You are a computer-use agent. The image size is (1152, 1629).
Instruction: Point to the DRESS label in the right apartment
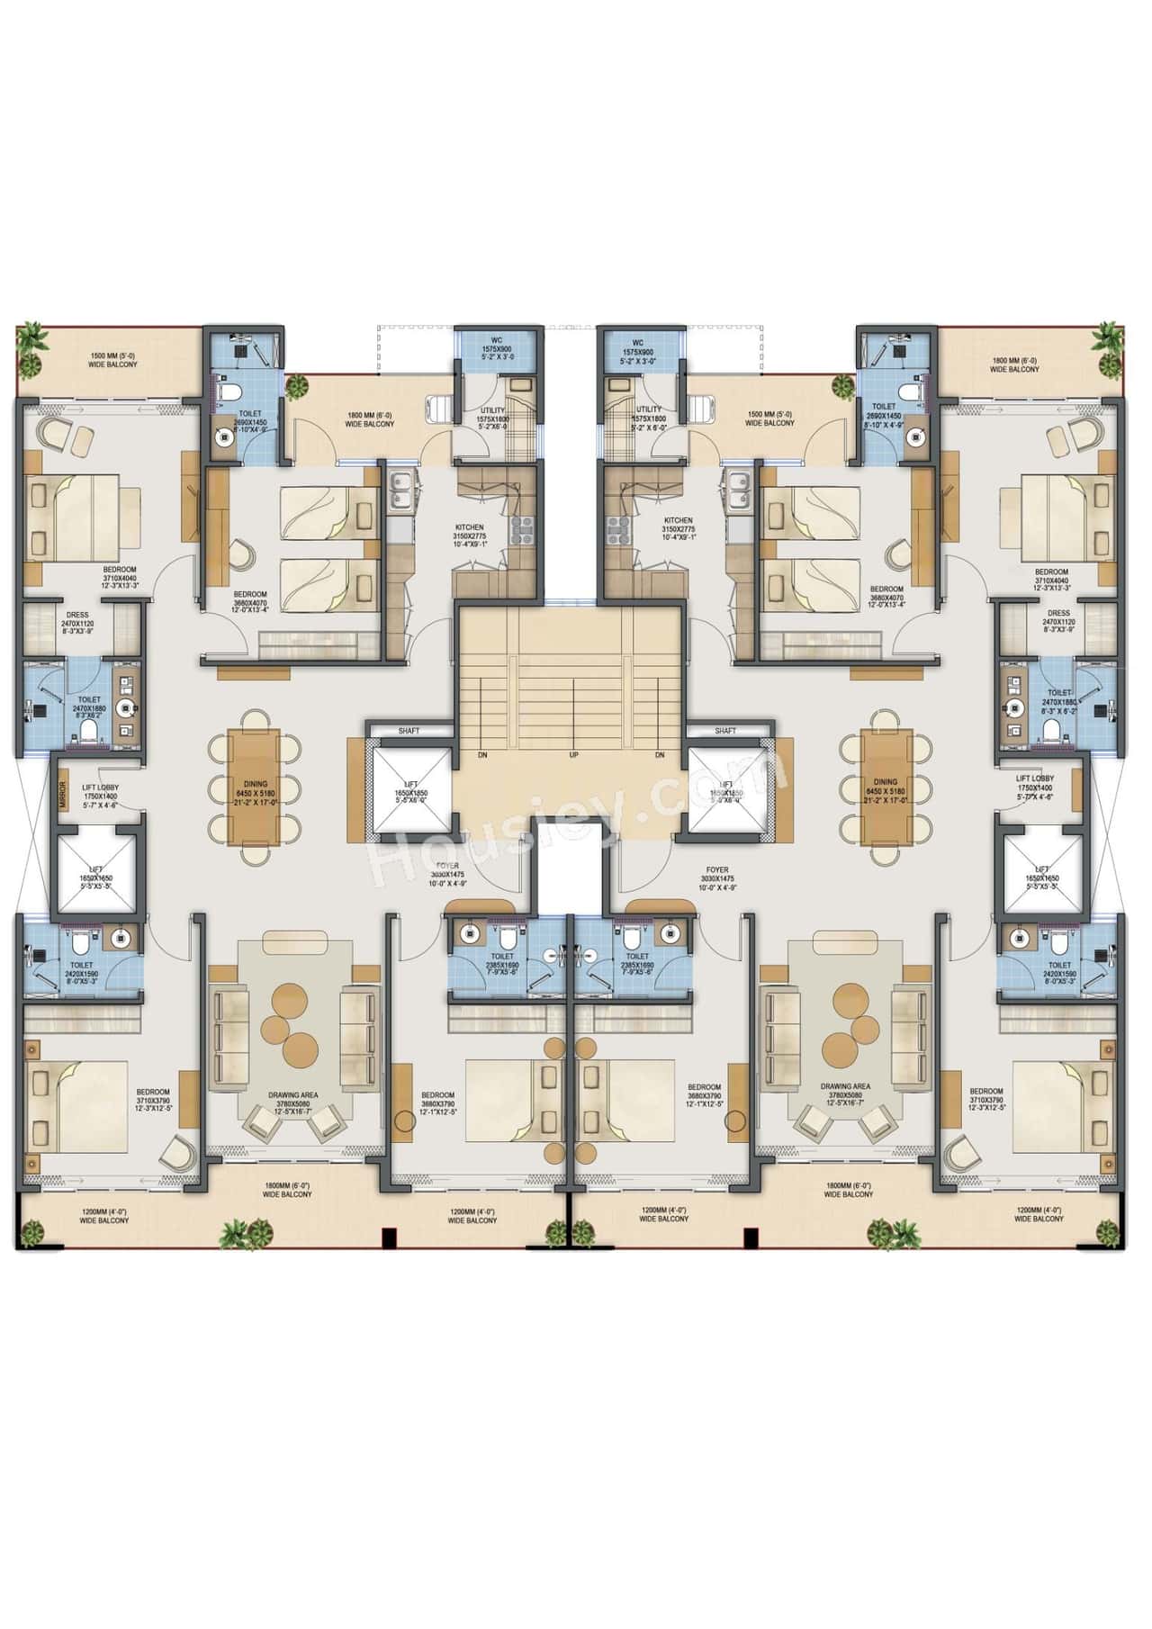point(1058,613)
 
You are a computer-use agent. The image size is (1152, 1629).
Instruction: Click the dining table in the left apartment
point(256,781)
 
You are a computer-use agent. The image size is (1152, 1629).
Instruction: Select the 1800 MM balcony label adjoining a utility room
point(370,418)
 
